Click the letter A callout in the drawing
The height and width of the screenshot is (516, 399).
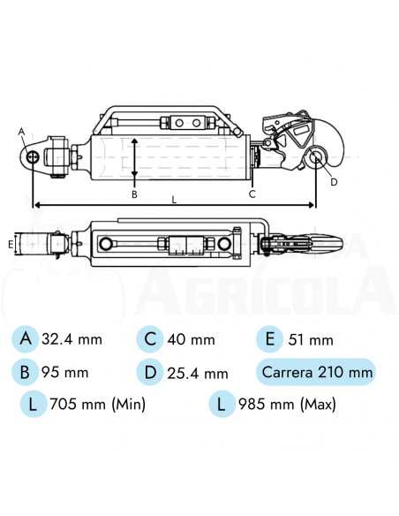[22, 131]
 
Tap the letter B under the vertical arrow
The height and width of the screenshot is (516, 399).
[134, 193]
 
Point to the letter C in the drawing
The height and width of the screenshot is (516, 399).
[252, 193]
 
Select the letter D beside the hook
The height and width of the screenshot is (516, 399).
[334, 182]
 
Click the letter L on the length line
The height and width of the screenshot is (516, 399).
[174, 200]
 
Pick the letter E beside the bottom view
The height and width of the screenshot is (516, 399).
[10, 242]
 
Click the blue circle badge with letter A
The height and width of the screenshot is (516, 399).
[26, 338]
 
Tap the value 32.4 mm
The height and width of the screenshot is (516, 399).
[72, 338]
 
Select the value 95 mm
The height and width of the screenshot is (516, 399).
[65, 372]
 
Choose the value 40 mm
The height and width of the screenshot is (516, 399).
[192, 338]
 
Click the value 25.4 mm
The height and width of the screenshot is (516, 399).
[199, 372]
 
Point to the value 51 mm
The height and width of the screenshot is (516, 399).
[312, 339]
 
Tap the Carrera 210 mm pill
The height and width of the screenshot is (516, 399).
[316, 372]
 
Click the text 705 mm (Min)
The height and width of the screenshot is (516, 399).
[98, 405]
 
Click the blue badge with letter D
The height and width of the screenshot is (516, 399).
[150, 372]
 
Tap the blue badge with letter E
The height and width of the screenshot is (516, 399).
[269, 338]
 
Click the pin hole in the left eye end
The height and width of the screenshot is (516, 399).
[33, 157]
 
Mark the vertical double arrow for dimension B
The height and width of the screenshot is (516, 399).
[134, 159]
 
